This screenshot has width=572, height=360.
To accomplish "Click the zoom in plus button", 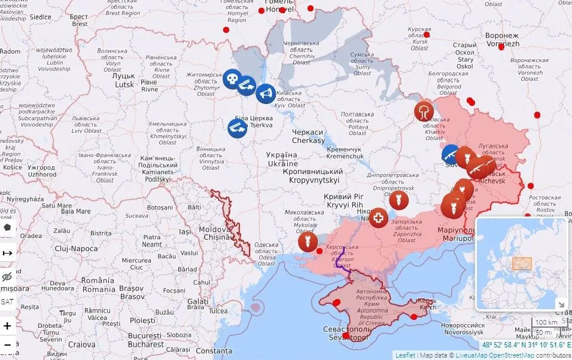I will [x=7, y=326].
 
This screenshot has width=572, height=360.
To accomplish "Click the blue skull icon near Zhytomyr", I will [x=232, y=79].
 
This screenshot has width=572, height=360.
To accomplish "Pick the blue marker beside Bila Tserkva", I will [x=236, y=127].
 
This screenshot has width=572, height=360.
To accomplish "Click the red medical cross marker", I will [x=378, y=218].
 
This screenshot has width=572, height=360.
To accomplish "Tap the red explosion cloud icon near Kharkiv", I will [x=424, y=111].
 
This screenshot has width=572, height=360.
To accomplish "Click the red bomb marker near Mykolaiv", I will [x=308, y=242].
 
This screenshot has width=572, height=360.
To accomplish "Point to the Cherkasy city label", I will [x=308, y=136].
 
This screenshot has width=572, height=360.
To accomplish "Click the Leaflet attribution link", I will [x=405, y=355].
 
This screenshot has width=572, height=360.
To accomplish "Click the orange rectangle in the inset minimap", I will [x=521, y=263].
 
